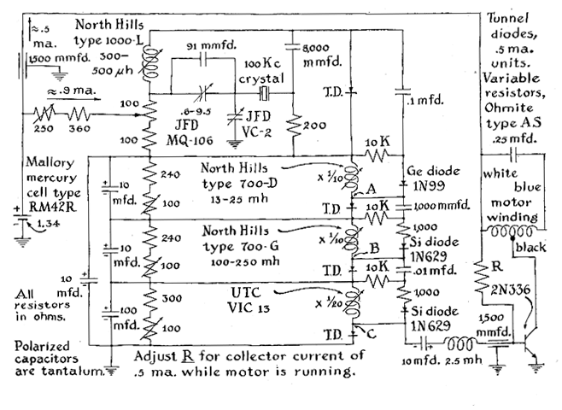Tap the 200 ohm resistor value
coord(314,124)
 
